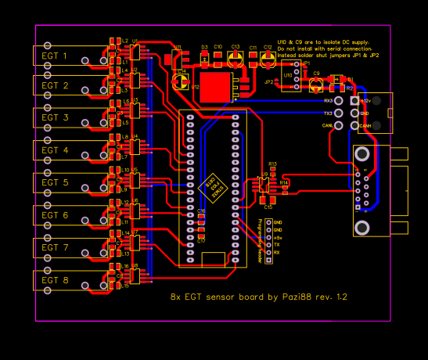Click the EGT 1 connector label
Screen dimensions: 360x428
(x=55, y=56)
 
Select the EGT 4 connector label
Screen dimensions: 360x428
(x=55, y=150)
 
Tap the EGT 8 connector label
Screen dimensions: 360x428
(x=55, y=280)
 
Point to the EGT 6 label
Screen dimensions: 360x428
(x=55, y=215)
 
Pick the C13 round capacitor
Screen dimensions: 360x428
(x=235, y=58)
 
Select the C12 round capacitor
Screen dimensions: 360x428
(x=268, y=58)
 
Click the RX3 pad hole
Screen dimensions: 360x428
(x=340, y=101)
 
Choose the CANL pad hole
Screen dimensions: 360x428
(x=340, y=124)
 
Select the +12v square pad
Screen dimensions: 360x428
(x=354, y=101)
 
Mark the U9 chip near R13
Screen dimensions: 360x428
(x=264, y=185)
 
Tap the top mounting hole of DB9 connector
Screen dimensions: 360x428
(x=362, y=154)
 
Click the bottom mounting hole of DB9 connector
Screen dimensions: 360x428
(x=362, y=228)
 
